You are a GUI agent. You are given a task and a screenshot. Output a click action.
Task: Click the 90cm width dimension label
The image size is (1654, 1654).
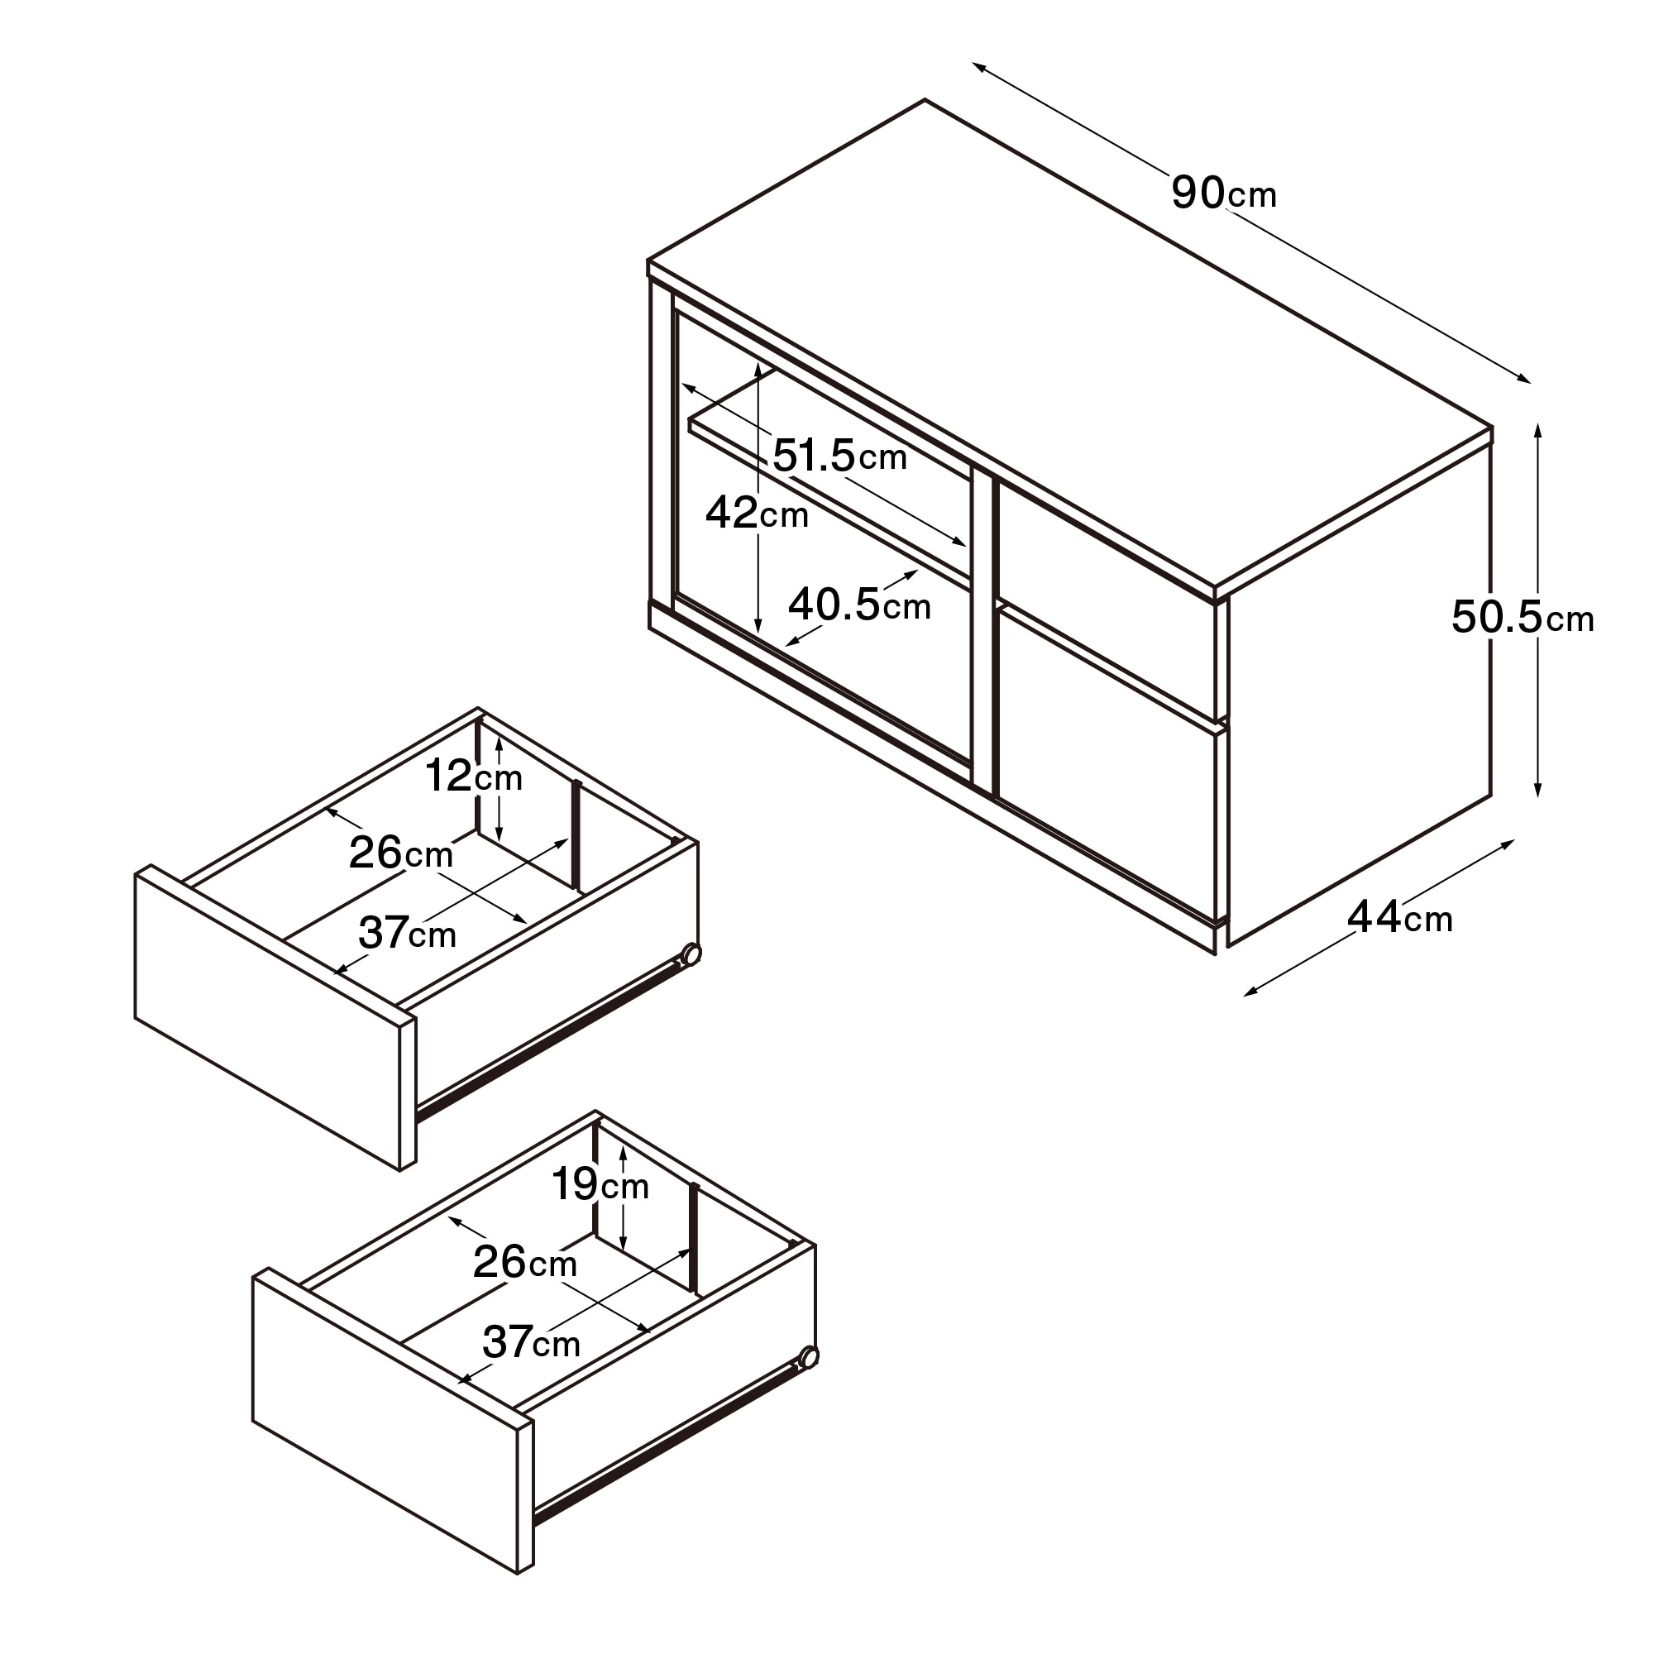click(1223, 194)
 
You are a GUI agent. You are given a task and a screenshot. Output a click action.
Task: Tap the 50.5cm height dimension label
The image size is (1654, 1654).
click(1523, 616)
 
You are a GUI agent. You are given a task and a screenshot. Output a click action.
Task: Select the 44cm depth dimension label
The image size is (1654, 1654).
click(1400, 918)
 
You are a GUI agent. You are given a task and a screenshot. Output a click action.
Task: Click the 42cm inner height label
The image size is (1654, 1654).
click(757, 513)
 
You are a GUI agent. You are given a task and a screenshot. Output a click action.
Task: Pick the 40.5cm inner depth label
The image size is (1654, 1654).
click(859, 605)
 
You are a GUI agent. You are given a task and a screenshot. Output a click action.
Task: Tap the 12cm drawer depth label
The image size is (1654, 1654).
click(473, 776)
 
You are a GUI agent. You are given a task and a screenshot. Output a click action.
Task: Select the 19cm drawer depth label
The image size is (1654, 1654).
click(600, 1184)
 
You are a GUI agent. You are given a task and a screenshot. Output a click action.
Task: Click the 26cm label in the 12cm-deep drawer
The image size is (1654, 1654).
click(400, 853)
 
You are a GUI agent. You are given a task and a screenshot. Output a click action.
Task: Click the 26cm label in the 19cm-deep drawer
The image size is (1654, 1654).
click(525, 1262)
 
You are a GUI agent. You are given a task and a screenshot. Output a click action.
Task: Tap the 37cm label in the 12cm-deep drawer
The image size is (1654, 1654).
click(407, 932)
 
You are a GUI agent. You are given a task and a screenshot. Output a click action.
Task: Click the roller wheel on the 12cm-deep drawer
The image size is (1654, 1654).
click(691, 954)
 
